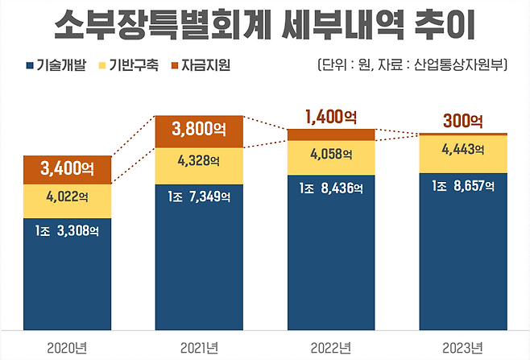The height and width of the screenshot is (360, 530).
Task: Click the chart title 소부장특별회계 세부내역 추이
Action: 264,27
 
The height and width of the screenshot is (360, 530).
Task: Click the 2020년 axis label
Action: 68,347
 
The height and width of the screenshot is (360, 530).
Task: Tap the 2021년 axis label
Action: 198,347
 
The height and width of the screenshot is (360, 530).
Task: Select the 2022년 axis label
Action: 330,347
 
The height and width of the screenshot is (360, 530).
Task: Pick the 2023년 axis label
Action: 462,347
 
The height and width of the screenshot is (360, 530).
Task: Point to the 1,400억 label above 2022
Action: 330,118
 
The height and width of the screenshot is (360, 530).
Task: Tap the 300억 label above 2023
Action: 462,122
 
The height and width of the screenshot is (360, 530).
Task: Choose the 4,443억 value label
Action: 462,149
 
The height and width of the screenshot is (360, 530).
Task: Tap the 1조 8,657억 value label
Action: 462,188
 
